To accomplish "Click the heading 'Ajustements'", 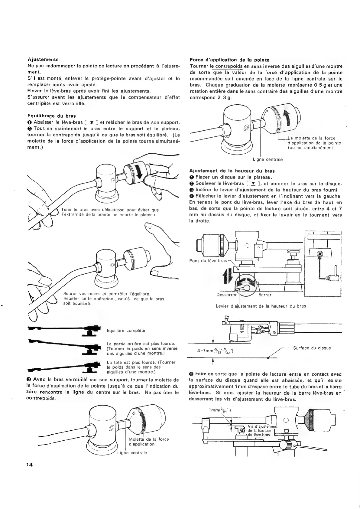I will (43, 60).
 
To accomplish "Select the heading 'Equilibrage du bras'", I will (51, 116).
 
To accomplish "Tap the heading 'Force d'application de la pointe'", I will (229, 60).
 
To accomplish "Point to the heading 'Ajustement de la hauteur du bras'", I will (232, 171).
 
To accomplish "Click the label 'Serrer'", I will (265, 295).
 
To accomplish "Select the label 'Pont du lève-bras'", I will (208, 261).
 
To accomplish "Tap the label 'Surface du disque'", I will (312, 348).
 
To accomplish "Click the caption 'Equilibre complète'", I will (126, 331).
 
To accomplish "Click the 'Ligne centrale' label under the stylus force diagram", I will (268, 159).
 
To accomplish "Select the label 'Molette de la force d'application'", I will (149, 442).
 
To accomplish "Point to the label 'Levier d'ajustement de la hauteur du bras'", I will (261, 306).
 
